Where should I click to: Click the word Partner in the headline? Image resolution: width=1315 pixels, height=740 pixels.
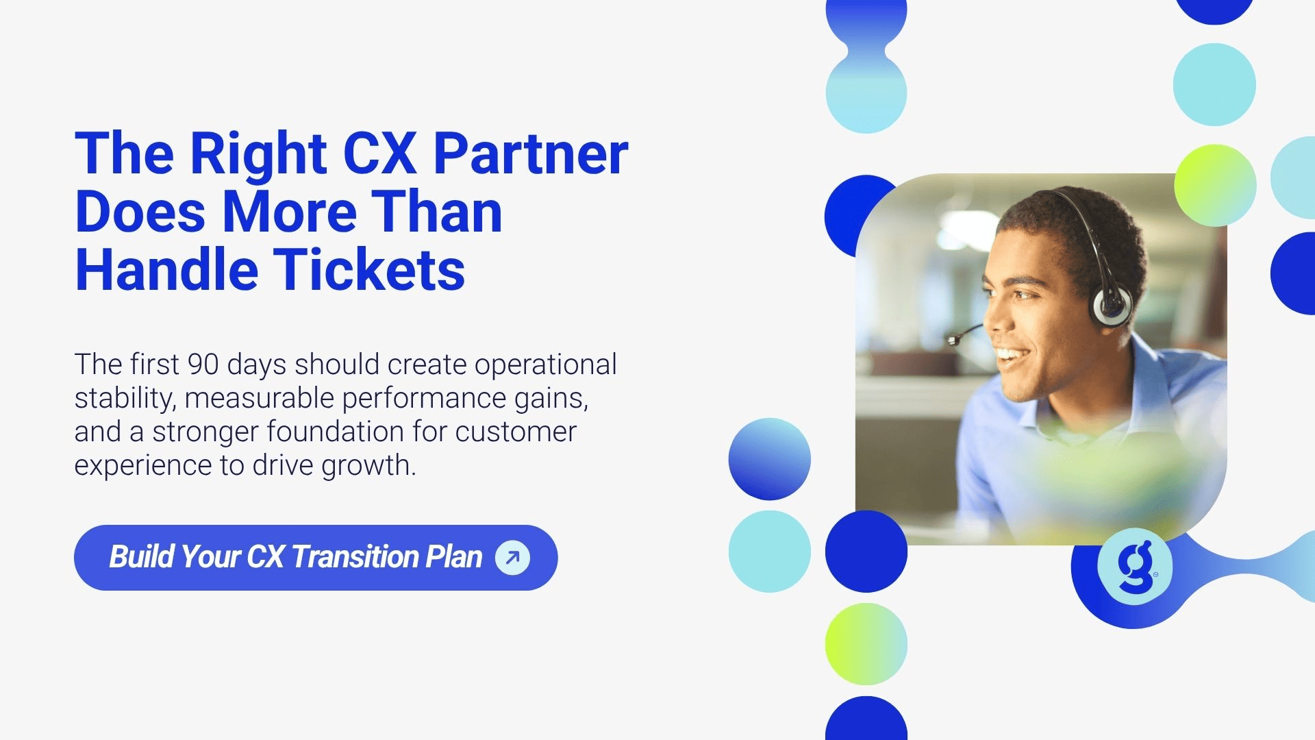click(531, 153)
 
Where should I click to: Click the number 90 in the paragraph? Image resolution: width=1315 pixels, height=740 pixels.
click(203, 365)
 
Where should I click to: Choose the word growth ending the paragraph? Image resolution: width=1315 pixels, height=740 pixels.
click(368, 466)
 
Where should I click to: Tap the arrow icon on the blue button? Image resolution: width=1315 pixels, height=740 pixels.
click(512, 557)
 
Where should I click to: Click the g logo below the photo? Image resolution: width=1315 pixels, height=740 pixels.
click(1135, 567)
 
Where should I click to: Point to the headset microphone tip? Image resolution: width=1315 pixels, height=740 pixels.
click(952, 340)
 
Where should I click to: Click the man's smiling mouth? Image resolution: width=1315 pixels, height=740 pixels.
click(1012, 356)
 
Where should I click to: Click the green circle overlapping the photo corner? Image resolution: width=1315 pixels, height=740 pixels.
click(1215, 185)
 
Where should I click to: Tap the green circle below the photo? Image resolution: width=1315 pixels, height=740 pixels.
click(866, 644)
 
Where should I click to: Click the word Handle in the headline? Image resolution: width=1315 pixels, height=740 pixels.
click(166, 270)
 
